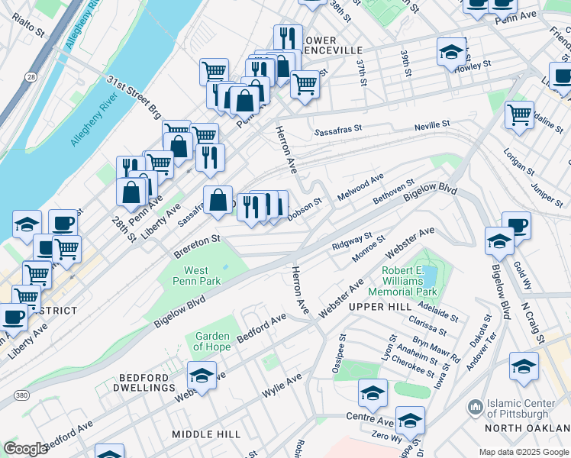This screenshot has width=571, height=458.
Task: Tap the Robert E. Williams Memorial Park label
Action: (x=402, y=281)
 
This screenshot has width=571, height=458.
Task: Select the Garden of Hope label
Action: (x=212, y=341)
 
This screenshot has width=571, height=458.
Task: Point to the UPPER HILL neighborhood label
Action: (x=374, y=306)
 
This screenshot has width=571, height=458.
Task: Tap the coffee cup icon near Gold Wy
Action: (x=516, y=224)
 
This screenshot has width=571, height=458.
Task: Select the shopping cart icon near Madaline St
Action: (x=519, y=114)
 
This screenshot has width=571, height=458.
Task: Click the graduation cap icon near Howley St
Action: (x=450, y=52)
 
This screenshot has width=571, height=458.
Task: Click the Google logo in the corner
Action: (x=24, y=449)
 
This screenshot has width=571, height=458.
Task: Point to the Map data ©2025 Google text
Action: (x=523, y=452)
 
